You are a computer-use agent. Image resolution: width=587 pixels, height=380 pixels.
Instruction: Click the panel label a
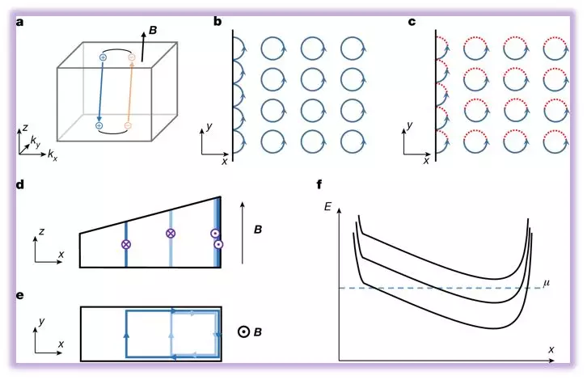click(x=20, y=23)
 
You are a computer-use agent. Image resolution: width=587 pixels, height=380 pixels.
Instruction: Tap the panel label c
click(x=412, y=23)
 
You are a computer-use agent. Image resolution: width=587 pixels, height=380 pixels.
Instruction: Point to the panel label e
click(x=20, y=293)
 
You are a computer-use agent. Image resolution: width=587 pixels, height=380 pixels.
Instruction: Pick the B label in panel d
click(x=258, y=230)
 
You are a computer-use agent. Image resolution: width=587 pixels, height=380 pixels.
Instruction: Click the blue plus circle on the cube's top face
click(x=103, y=57)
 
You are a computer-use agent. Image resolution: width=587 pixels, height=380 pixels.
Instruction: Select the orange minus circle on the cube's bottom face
click(x=127, y=126)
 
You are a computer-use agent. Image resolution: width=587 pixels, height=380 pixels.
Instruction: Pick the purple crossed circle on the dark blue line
click(x=125, y=243)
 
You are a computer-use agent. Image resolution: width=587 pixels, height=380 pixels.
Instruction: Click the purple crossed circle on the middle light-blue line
click(x=171, y=233)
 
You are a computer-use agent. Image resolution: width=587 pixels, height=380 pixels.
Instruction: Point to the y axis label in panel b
click(x=209, y=126)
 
